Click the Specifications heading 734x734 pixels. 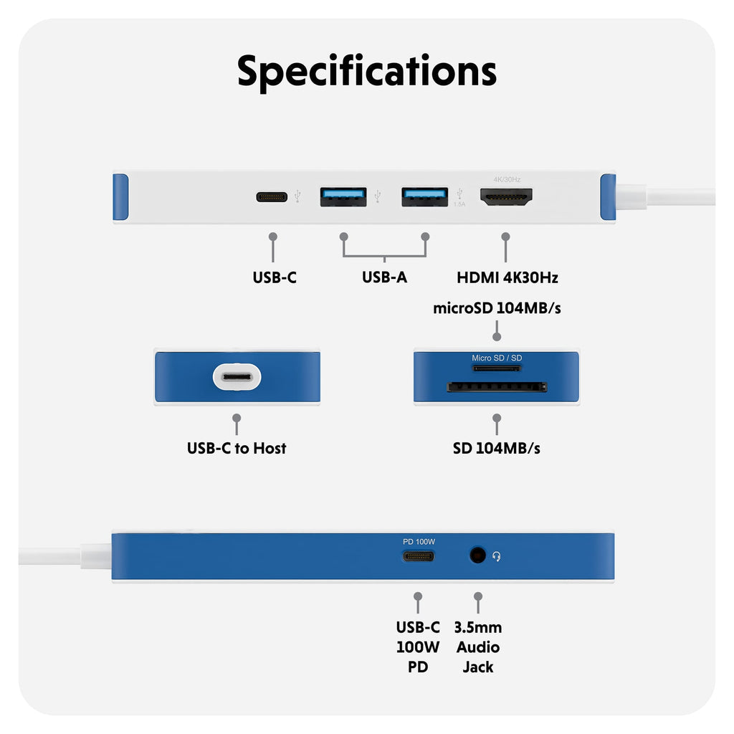tap(367, 72)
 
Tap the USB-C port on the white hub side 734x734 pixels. tap(272, 196)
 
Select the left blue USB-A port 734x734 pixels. tap(343, 196)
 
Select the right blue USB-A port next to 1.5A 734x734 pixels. tap(424, 196)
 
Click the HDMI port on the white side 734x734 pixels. tap(505, 197)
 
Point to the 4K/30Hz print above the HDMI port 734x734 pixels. tap(507, 179)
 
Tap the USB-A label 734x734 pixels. tap(384, 277)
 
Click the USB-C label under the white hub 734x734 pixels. tap(274, 277)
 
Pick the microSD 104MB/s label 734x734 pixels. tap(497, 309)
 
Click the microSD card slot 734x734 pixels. tap(496, 368)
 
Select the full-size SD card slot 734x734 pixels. tap(497, 387)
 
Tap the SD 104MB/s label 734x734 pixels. tap(497, 449)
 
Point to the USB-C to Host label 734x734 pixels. tap(237, 449)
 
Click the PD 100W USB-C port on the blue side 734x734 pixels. tap(418, 556)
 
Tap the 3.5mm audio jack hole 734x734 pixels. tap(477, 555)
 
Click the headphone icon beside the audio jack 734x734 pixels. tap(496, 556)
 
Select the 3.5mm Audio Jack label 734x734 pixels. tap(478, 647)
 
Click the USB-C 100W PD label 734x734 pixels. tap(418, 647)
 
